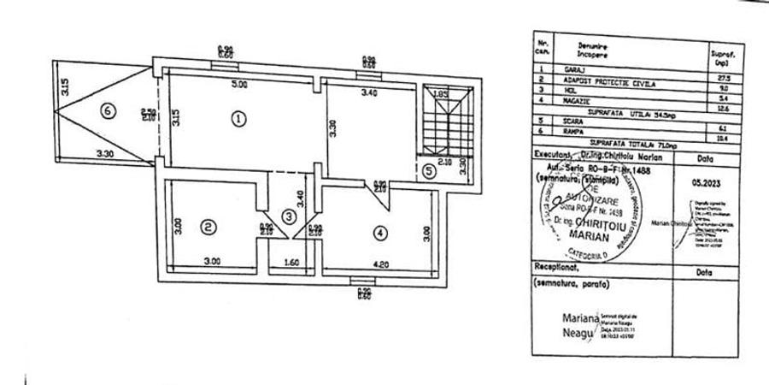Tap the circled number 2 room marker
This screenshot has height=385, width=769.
pyautogui.click(x=208, y=227)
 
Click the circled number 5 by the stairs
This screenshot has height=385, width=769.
pyautogui.click(x=429, y=170)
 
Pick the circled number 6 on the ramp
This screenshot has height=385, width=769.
pyautogui.click(x=105, y=110)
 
